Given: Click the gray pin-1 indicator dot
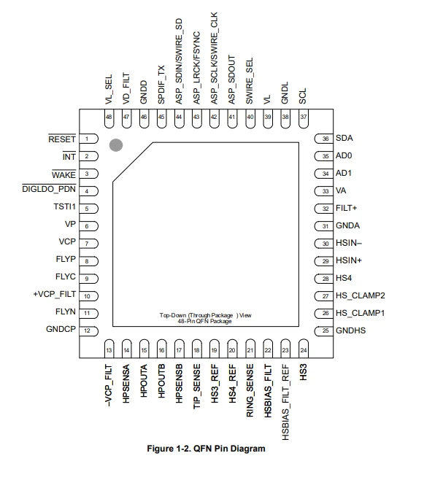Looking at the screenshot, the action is [x=116, y=145].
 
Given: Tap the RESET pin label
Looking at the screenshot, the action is [x=62, y=139].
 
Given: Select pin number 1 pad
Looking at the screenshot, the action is [x=88, y=139].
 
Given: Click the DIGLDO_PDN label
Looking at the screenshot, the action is [x=49, y=189].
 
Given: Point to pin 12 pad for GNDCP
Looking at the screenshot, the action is [x=88, y=331].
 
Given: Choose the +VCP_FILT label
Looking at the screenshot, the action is [x=54, y=294].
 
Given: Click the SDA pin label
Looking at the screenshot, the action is [x=344, y=138].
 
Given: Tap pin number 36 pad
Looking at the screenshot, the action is [x=323, y=139].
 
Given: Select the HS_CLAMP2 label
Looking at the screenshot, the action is [x=361, y=295].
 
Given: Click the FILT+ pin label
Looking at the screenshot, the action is [x=346, y=208].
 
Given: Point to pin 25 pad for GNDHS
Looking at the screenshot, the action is [x=323, y=330].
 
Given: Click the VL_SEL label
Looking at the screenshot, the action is [x=109, y=89].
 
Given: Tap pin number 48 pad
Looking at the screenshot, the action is [x=109, y=119].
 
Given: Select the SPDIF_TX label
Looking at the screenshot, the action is [x=161, y=85].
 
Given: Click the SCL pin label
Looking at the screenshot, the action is [x=303, y=96].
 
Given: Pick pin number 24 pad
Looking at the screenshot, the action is [x=304, y=349].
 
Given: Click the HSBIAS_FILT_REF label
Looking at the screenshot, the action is [x=285, y=402].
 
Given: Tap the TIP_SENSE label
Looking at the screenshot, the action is [x=196, y=387].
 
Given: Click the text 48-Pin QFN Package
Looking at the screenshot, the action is [x=204, y=321].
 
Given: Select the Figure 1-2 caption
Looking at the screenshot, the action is [x=207, y=449].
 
